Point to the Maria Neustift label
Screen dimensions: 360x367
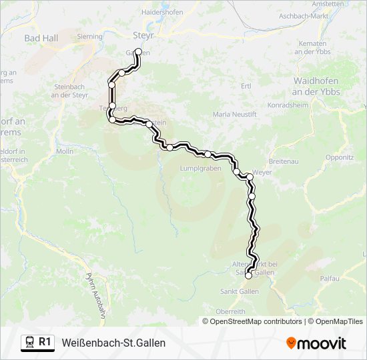coord(234,115)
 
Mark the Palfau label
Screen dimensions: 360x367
coord(330,278)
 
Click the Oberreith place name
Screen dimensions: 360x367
coord(231,311)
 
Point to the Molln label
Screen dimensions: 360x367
coord(65,151)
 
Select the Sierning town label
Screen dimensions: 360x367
coord(90,37)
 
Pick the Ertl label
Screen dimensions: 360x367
coord(246,86)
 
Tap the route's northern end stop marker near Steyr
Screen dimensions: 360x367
coord(138,51)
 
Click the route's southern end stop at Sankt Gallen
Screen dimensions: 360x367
coord(248,275)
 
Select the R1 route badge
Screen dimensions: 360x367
coord(38,342)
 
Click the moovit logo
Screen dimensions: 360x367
coord(316,343)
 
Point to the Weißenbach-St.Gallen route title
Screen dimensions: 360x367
coord(113,343)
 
